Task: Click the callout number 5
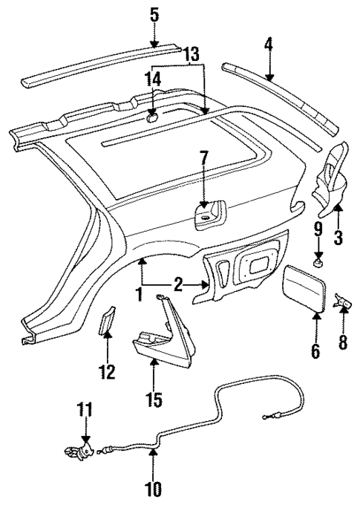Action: [154, 14]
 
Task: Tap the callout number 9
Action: [317, 229]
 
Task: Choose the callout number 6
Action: [315, 350]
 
